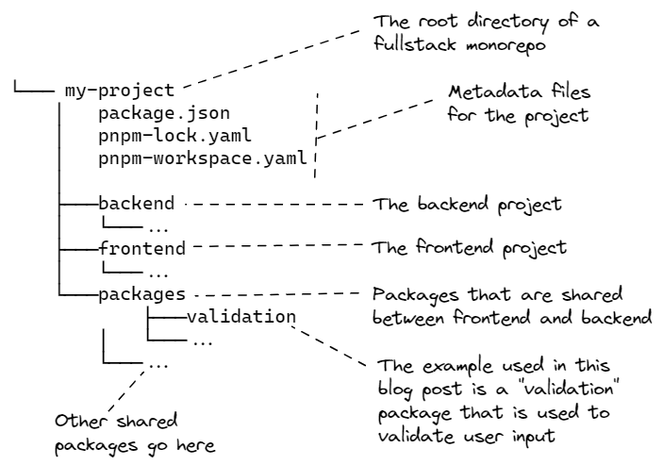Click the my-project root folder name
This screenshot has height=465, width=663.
click(x=119, y=91)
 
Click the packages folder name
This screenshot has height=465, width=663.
click(x=141, y=294)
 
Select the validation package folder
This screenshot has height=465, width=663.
click(x=242, y=317)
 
